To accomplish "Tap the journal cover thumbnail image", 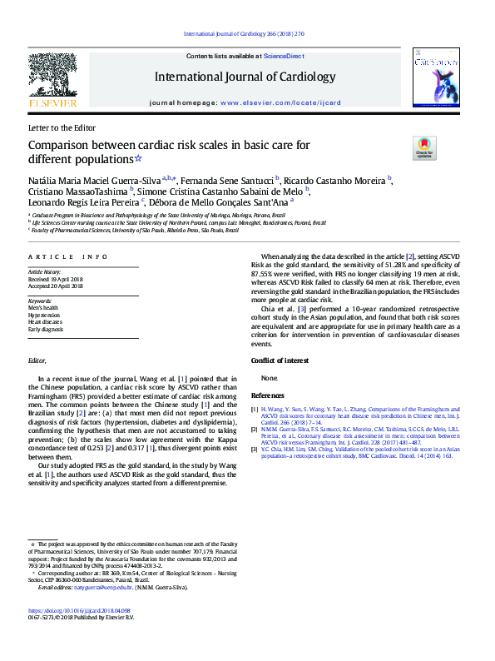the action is tap(438, 80).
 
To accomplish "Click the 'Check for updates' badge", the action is tap(423, 149).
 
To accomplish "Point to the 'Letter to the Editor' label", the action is tap(62, 128).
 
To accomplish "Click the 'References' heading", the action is tap(268, 395).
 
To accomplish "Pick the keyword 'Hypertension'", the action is tap(44, 316).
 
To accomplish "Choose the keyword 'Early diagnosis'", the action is tap(46, 329).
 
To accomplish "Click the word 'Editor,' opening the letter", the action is tap(38, 361).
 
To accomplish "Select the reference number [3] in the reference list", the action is tap(255, 449).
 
